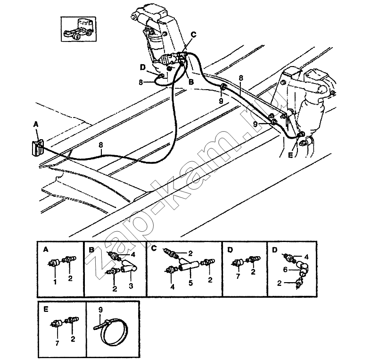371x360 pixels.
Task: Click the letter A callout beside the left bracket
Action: pos(35,125)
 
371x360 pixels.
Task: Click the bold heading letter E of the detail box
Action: pos(45,310)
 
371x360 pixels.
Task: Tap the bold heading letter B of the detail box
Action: pos(92,248)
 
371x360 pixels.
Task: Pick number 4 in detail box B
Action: pos(133,254)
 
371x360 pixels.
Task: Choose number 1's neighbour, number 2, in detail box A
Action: pos(70,279)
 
